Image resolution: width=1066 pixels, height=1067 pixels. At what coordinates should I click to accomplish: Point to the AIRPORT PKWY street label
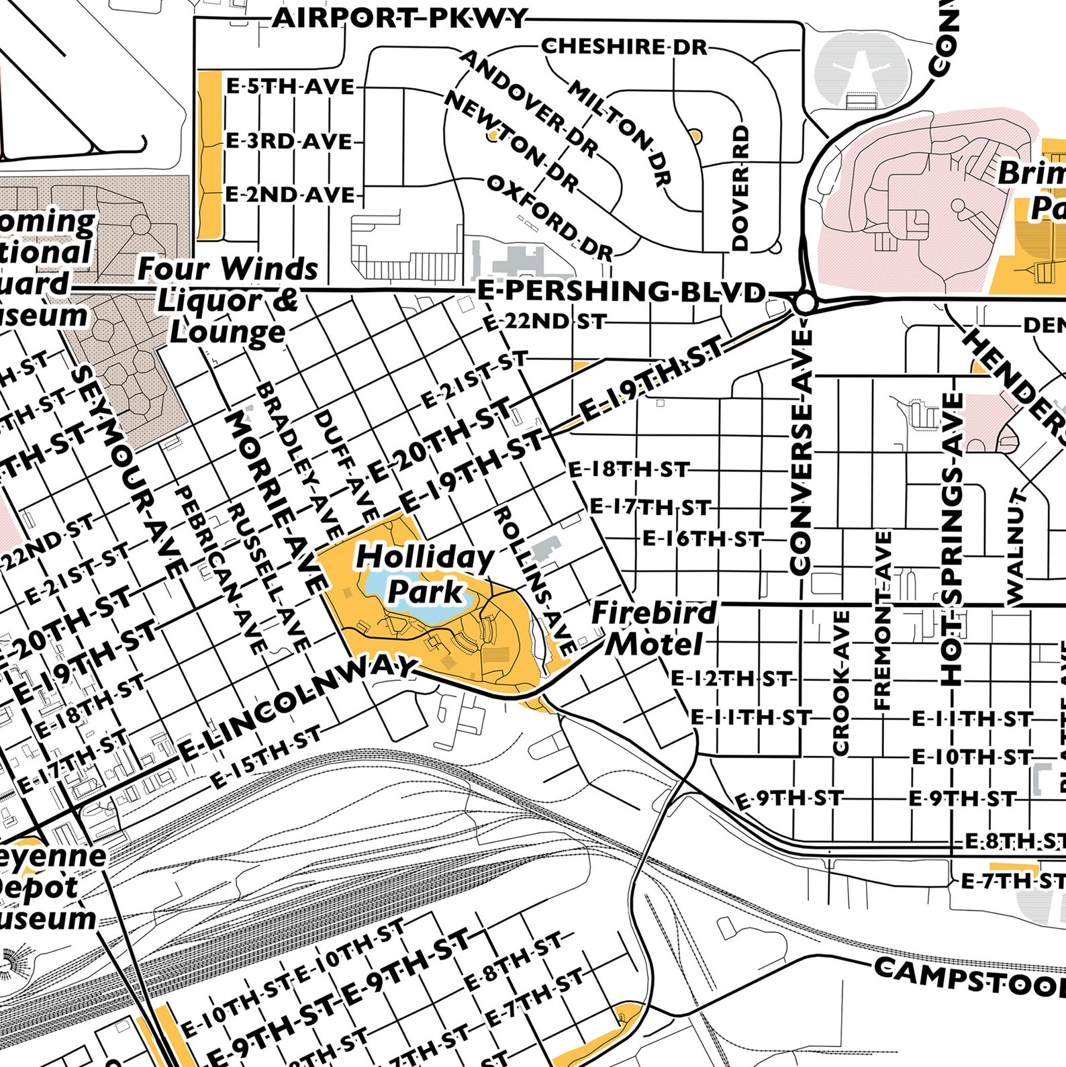400,18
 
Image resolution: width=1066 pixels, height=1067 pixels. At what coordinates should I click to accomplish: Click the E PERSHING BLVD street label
621,291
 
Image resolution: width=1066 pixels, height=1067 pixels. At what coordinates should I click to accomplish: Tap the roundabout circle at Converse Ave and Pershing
804,304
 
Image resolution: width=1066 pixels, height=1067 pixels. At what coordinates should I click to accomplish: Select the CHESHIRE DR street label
624,46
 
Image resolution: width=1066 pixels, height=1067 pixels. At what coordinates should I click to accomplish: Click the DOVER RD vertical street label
740,188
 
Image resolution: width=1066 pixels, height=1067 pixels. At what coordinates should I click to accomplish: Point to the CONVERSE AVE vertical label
801,451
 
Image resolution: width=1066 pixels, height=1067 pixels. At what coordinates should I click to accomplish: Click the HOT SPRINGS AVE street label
951,537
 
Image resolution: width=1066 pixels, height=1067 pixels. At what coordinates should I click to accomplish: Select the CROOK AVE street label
841,682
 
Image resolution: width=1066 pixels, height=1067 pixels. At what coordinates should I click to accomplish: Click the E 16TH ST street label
702,539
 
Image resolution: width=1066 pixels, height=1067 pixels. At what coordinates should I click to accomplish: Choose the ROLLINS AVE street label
534,581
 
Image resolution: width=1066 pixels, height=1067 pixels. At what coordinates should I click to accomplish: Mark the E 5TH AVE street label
290,87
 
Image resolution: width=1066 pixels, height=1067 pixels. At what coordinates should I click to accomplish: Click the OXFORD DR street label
549,218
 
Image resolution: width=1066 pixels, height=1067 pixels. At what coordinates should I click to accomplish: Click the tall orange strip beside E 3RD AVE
210,154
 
